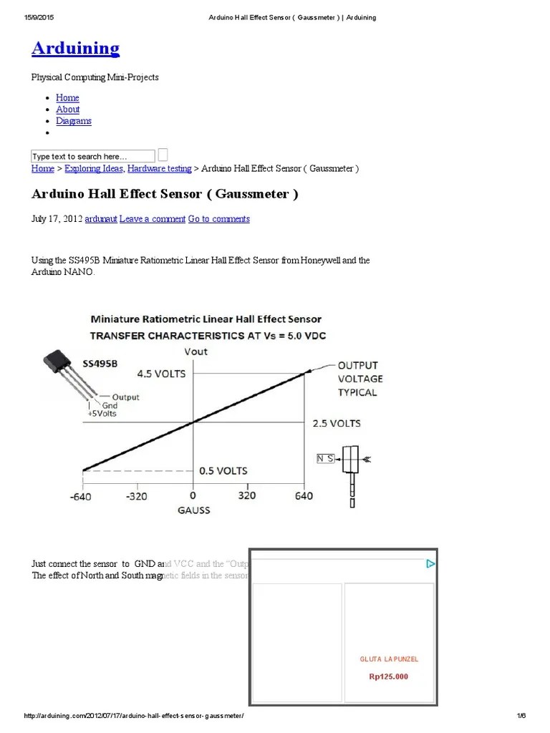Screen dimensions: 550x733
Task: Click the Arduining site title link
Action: [x=75, y=48]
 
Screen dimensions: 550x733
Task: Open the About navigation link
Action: [x=68, y=110]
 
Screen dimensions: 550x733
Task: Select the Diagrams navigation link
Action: [x=74, y=121]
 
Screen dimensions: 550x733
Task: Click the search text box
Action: [x=92, y=156]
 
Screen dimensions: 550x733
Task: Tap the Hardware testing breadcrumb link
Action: [x=159, y=169]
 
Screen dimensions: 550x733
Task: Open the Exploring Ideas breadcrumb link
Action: [x=94, y=169]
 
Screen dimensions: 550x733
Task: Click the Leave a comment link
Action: [x=152, y=219]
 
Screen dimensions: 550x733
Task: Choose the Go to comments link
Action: [x=218, y=219]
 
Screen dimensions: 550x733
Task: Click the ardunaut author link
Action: [x=100, y=219]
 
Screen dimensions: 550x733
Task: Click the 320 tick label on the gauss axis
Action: [x=247, y=495]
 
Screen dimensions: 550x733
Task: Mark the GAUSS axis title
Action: [x=193, y=510]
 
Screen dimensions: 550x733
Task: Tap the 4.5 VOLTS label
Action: [x=161, y=374]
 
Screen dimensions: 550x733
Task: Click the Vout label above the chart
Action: [x=196, y=351]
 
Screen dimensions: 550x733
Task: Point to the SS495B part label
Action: [x=100, y=364]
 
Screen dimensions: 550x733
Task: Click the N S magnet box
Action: [x=327, y=458]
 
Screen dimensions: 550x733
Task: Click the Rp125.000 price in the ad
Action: [x=389, y=676]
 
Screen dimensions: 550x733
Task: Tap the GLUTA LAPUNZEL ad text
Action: [x=389, y=659]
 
